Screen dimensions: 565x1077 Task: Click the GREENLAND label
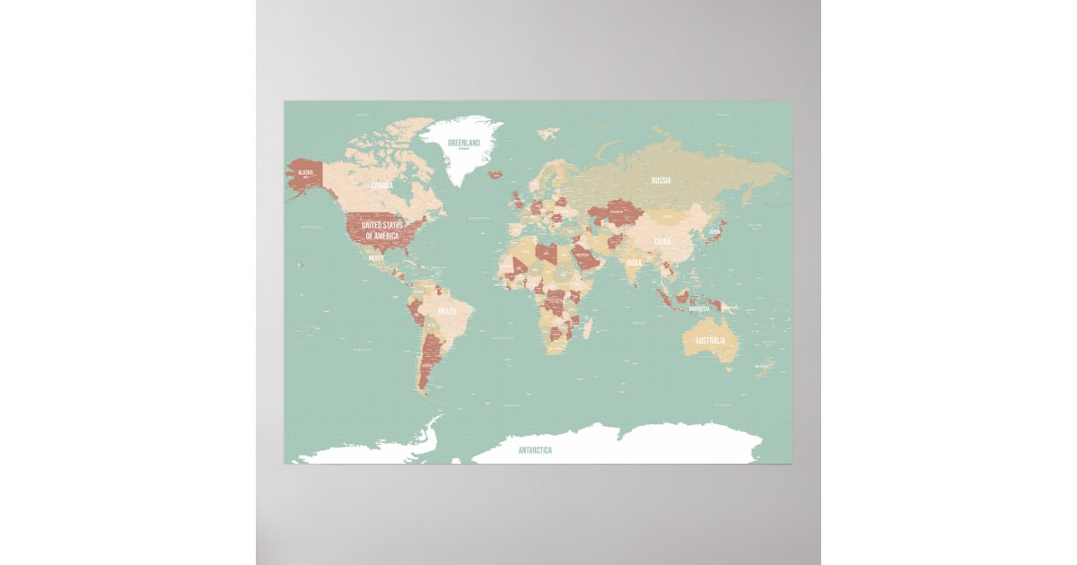464,143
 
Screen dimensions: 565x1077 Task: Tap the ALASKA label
306,171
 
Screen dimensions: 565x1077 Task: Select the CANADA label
381,186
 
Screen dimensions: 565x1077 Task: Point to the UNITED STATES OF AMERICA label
381,230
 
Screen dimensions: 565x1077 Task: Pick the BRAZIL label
447,311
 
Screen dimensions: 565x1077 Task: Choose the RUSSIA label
661,180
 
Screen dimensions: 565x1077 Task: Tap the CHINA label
662,241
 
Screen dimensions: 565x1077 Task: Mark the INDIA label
634,263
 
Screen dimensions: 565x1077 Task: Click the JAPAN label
714,231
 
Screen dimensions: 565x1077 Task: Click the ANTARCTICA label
535,450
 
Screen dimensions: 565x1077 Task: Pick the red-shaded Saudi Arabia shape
586,258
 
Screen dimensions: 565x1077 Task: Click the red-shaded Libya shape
547,253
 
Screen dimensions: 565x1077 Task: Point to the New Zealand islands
764,367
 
